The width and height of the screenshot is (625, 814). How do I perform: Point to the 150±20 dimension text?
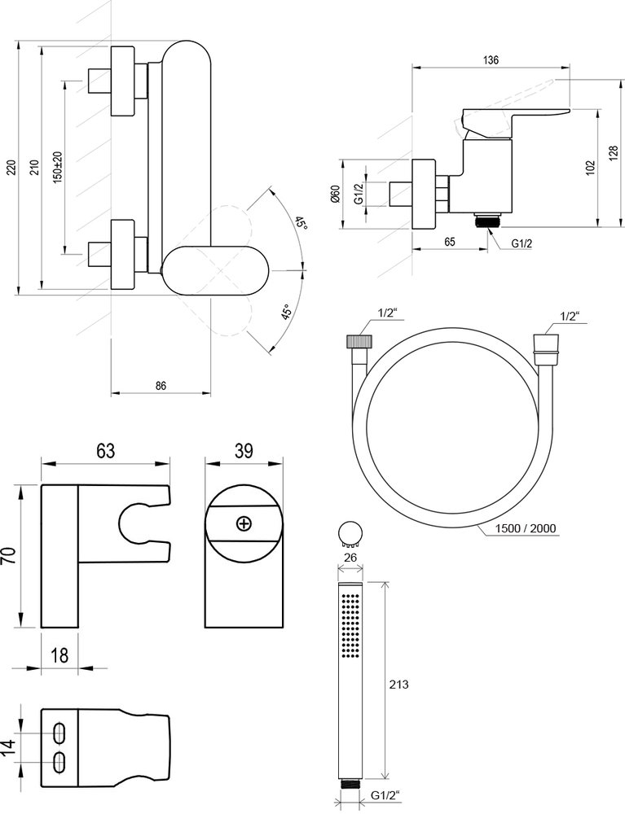(57, 168)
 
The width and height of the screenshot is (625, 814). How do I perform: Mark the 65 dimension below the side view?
(449, 243)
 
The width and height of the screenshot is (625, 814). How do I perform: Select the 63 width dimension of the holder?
(106, 450)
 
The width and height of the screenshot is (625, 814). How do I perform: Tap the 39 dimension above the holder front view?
(243, 450)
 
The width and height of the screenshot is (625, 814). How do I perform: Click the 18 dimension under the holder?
(59, 655)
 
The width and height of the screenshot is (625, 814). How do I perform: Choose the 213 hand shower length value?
(399, 685)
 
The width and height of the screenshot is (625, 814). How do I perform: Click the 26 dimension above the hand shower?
(352, 557)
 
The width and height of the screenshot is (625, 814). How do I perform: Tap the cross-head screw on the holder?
(243, 523)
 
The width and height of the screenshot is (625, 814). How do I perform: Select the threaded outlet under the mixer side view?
(486, 220)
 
